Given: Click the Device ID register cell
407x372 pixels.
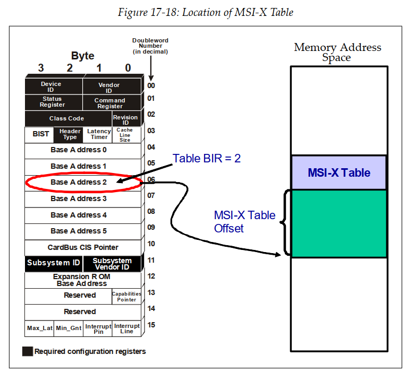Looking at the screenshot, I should point(51,87).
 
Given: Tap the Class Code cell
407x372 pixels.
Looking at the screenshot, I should point(66,118).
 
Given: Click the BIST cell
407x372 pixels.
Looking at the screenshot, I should point(40,134).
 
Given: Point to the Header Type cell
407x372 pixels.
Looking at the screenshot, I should point(70,134).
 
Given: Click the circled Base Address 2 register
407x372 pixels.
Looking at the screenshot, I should point(79,183).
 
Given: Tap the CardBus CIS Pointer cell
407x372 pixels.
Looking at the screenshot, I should point(83,247).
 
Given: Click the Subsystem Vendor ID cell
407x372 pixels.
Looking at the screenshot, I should point(112,264).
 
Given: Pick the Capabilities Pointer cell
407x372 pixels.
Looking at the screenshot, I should point(126,296).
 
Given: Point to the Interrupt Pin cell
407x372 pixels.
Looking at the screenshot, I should point(98,328).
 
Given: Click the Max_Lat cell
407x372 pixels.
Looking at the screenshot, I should point(39,328).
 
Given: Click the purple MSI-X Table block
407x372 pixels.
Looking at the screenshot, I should point(338,172).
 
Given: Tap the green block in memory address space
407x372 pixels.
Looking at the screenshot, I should point(338,223).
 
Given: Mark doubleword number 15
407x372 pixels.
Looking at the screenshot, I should point(151,325).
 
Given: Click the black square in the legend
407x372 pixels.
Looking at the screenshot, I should point(27,351).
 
